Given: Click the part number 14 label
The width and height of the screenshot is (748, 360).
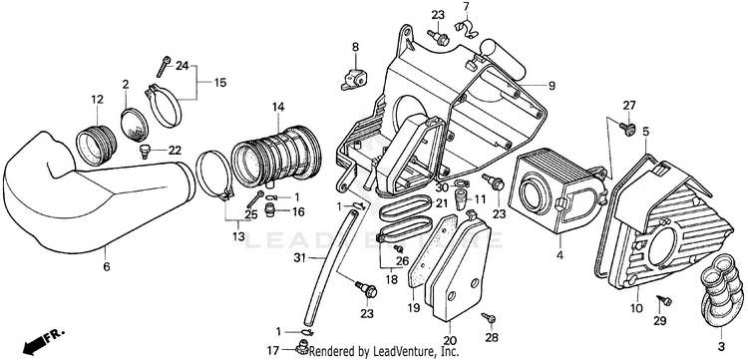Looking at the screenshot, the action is pyautogui.click(x=278, y=107).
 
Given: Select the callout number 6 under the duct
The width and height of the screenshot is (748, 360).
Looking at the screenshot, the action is pyautogui.click(x=107, y=267).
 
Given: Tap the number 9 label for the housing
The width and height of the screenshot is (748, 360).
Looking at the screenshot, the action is pyautogui.click(x=552, y=86).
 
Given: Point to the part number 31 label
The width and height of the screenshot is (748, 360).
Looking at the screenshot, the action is pyautogui.click(x=299, y=258).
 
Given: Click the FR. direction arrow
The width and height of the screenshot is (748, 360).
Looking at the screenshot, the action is pyautogui.click(x=42, y=340).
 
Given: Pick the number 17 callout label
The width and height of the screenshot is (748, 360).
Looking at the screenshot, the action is pyautogui.click(x=273, y=351).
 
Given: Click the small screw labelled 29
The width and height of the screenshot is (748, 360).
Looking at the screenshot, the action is pyautogui.click(x=663, y=300).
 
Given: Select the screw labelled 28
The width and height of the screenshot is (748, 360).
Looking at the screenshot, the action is pyautogui.click(x=489, y=317).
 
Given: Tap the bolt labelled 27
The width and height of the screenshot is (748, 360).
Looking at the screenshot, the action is pyautogui.click(x=628, y=128).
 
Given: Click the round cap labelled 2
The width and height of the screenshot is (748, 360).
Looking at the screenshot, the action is pyautogui.click(x=136, y=125).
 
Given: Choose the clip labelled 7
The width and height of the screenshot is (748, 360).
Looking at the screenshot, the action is pyautogui.click(x=466, y=28).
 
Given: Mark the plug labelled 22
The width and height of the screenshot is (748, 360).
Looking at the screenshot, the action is pyautogui.click(x=145, y=152).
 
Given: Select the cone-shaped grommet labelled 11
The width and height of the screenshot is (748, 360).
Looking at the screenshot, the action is pyautogui.click(x=461, y=198).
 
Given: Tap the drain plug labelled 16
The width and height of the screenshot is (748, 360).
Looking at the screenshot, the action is pyautogui.click(x=270, y=209).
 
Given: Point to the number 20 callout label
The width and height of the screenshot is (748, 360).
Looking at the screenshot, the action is pyautogui.click(x=450, y=340).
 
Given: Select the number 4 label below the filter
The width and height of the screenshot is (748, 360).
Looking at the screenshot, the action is pyautogui.click(x=560, y=255).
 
